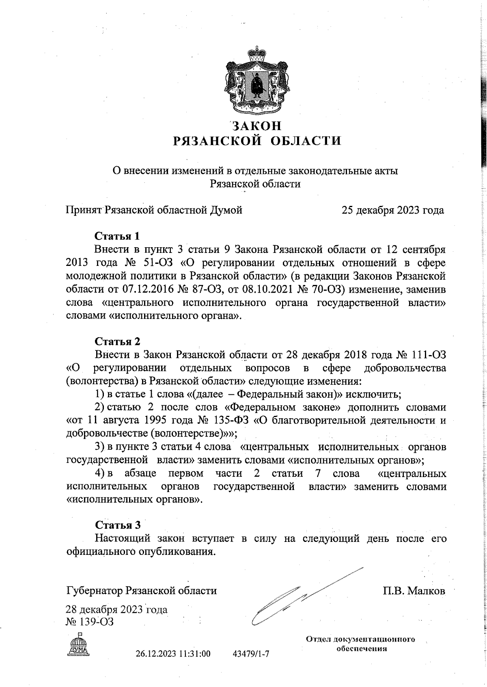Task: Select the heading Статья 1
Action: pyautogui.click(x=117, y=236)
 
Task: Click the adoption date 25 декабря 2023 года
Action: pyautogui.click(x=392, y=210)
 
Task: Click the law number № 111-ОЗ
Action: pyautogui.click(x=421, y=355)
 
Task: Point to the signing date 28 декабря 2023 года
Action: pyautogui.click(x=116, y=609)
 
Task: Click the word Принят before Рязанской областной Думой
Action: pyautogui.click(x=85, y=210)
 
